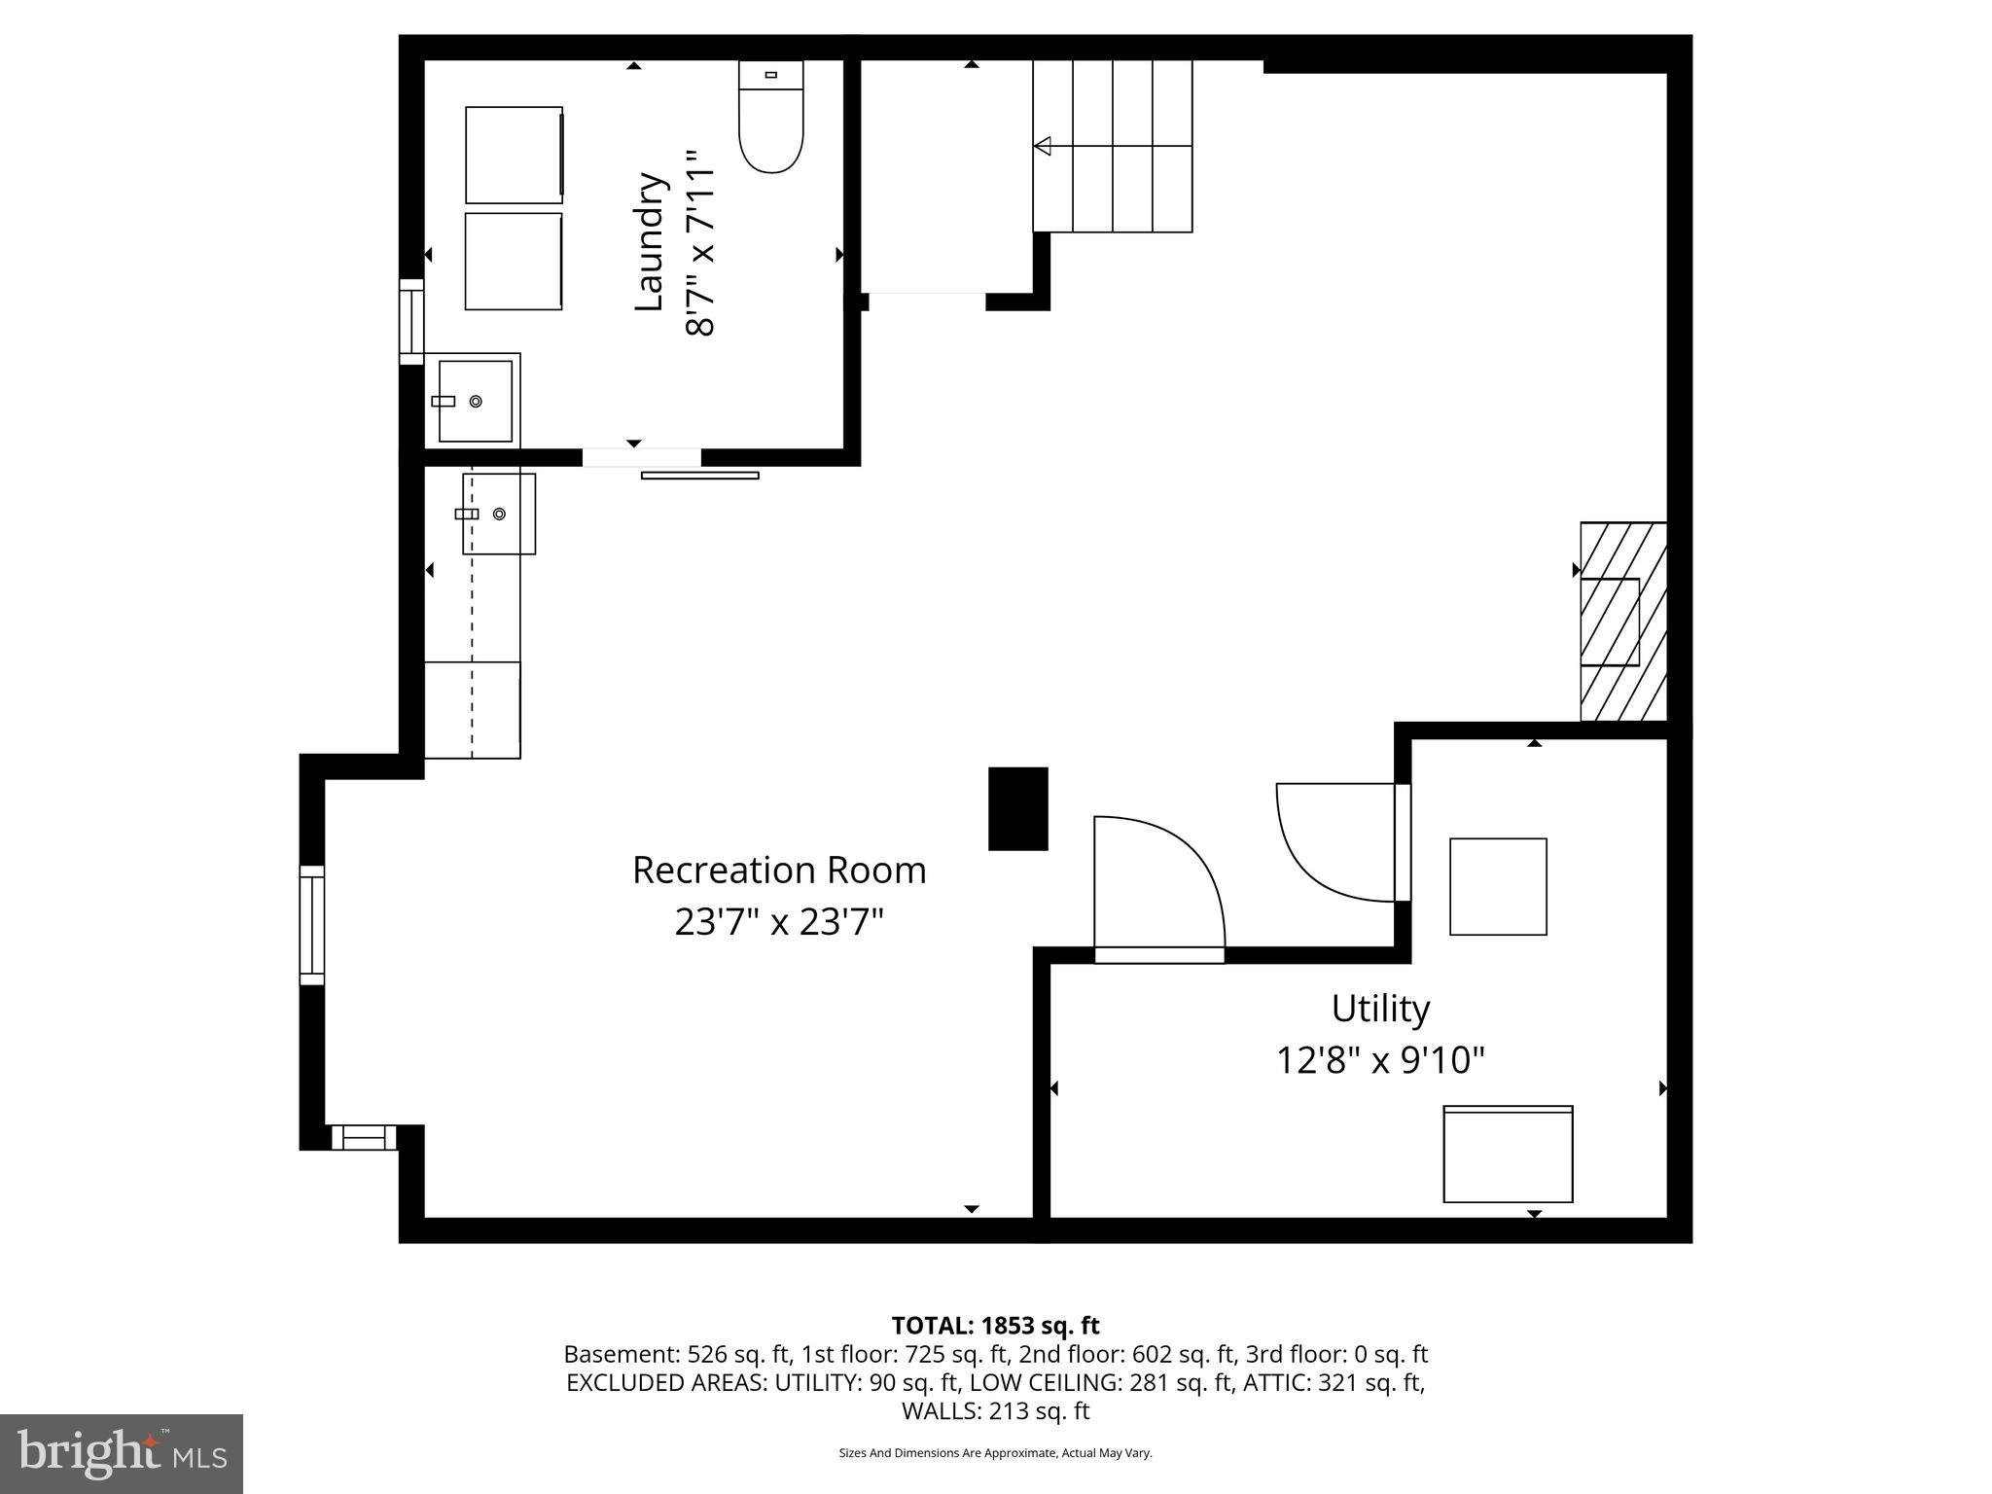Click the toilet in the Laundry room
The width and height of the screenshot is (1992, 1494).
pos(771,119)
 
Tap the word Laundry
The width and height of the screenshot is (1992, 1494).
pos(649,242)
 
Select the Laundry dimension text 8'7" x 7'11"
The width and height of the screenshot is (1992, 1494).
pos(700,243)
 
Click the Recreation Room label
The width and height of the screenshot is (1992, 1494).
pos(779,871)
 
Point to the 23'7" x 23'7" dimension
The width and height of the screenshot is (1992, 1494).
pos(779,922)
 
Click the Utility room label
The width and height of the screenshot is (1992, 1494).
pos(1380,1009)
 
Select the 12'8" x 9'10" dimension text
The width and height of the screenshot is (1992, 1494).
pos(1380,1060)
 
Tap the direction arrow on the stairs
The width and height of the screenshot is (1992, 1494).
pos(1044,146)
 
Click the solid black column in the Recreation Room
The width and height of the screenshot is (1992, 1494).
pos(1018,808)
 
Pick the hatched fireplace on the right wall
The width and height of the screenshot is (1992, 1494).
pos(1622,622)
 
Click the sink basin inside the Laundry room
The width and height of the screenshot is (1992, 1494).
pos(476,401)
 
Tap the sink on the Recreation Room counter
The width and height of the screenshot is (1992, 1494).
pos(498,514)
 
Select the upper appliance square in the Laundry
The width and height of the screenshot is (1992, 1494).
pos(514,155)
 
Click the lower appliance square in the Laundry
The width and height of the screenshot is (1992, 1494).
pos(514,262)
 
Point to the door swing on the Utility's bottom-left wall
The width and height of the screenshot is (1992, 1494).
pos(1157,885)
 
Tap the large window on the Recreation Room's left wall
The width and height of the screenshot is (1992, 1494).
pos(311,924)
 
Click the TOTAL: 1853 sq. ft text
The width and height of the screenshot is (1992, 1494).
pos(995,1326)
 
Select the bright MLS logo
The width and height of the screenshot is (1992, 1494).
pos(122,1453)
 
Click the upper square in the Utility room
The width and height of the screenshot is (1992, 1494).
pos(1498,886)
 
